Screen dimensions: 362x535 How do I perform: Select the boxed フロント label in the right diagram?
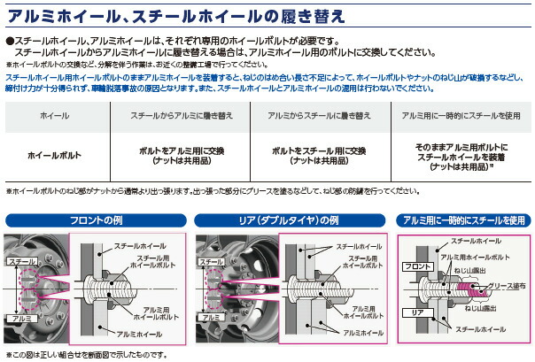point(416,265)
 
